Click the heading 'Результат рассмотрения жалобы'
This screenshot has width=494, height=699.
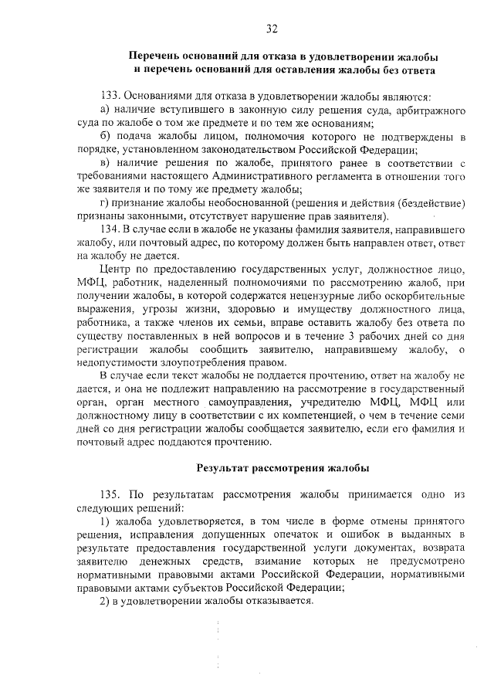(x=283, y=467)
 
